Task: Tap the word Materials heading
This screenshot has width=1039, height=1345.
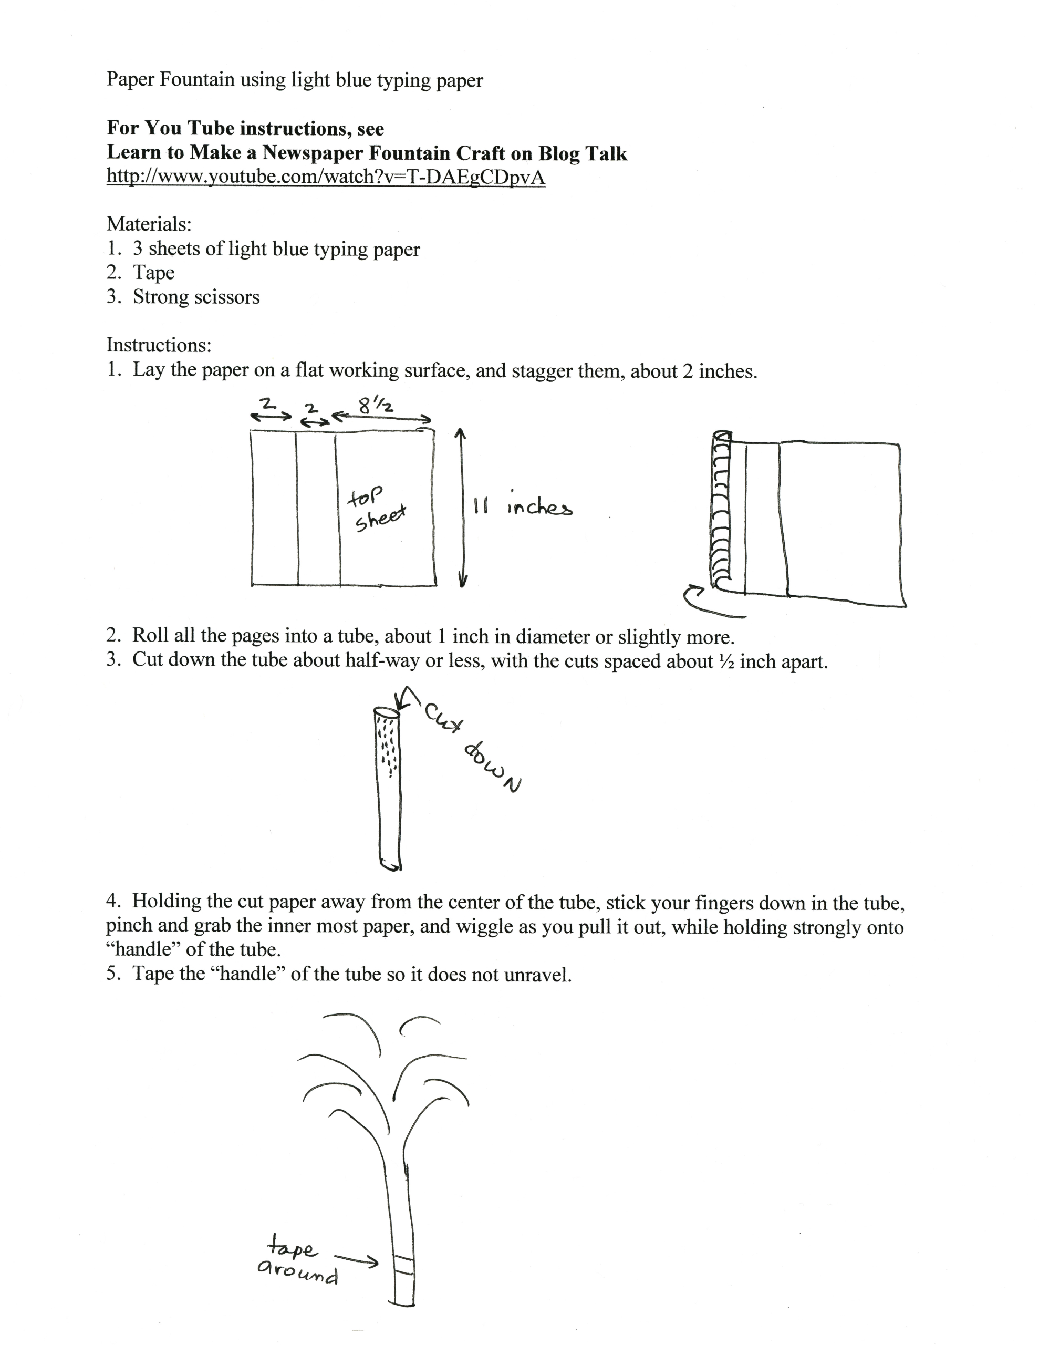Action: [149, 223]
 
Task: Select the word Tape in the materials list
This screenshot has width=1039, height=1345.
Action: [154, 272]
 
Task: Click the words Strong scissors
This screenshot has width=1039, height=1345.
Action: [196, 297]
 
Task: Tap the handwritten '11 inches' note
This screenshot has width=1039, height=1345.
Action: [523, 508]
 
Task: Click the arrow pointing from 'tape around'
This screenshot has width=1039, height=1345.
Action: [356, 1259]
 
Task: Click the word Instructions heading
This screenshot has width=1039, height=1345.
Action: [158, 345]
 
